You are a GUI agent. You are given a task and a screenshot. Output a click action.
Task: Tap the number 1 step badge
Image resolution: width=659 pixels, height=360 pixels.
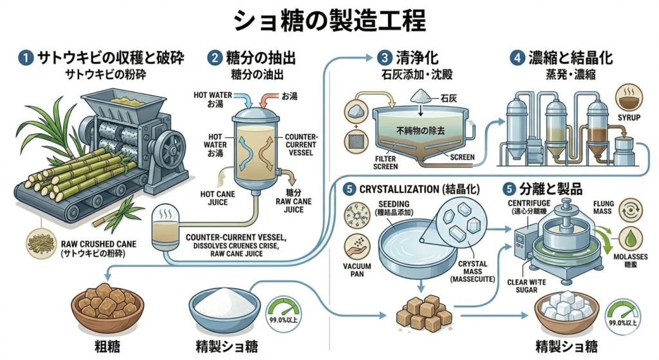(26, 57)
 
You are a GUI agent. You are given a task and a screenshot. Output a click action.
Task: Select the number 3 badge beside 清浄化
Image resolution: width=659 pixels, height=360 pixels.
(384, 57)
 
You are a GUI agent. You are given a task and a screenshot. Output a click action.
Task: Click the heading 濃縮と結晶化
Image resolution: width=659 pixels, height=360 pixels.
(570, 57)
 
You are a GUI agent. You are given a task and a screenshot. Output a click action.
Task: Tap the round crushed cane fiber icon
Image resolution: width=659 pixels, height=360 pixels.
(41, 244)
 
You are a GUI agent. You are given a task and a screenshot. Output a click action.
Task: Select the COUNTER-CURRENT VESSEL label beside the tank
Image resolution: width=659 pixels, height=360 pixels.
(301, 145)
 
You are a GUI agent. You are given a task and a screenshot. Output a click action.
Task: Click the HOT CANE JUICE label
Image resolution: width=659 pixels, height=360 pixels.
(218, 198)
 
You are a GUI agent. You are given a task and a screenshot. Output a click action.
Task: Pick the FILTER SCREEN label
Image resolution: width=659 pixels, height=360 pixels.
(385, 163)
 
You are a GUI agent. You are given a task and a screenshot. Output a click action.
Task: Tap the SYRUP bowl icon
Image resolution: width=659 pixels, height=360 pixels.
(629, 97)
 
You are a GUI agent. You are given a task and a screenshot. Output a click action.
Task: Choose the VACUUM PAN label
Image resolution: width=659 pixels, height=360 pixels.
(357, 270)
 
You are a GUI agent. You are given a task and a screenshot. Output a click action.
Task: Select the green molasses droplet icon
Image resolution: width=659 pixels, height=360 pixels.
(631, 240)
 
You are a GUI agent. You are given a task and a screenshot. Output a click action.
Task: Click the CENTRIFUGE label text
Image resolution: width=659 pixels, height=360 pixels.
(529, 203)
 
